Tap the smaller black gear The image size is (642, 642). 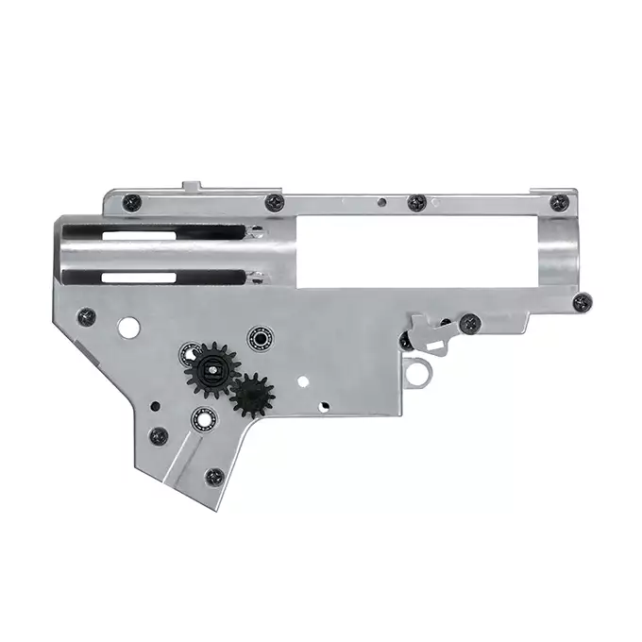[x=252, y=395]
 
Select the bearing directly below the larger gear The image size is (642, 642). [x=201, y=417]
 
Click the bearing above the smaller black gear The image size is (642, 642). [x=258, y=336]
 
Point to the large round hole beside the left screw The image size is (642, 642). [x=128, y=327]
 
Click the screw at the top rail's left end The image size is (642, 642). [x=132, y=201]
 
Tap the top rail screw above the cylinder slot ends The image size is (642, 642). [x=275, y=201]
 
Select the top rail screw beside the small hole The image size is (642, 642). [x=416, y=202]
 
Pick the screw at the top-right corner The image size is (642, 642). [x=559, y=202]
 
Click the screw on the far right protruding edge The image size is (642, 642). [x=583, y=302]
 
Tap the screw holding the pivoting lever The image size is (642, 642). [x=469, y=324]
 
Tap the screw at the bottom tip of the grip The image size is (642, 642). [x=214, y=477]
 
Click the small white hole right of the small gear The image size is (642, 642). [x=302, y=382]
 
